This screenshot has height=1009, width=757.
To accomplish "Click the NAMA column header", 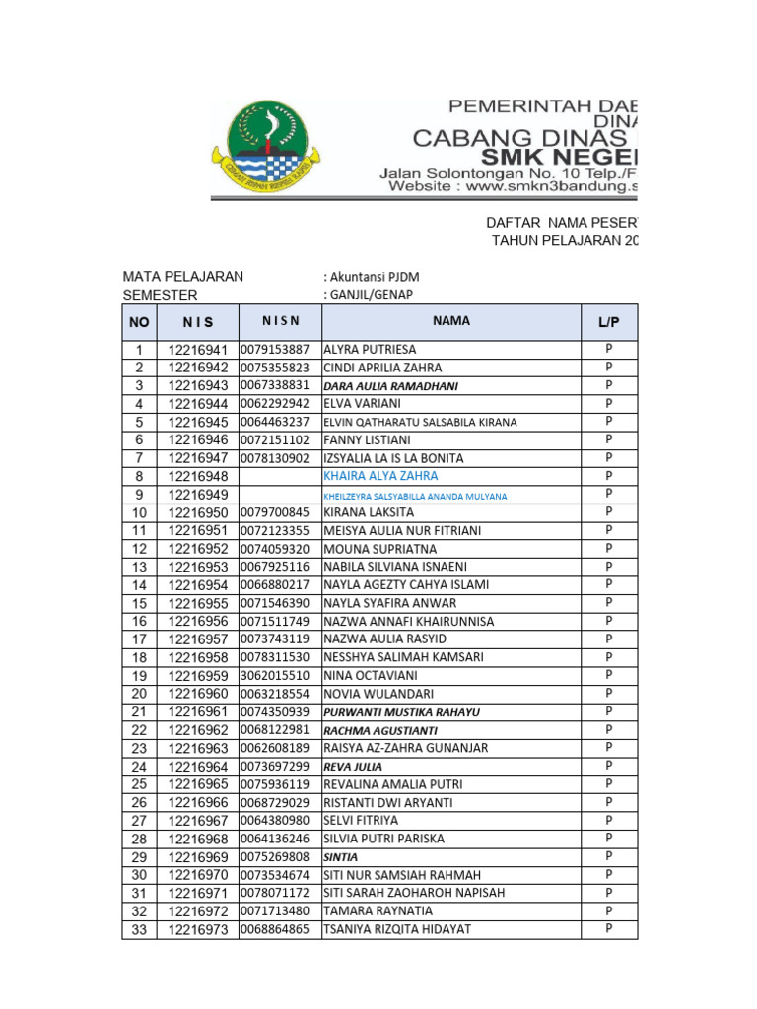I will pos(450,321).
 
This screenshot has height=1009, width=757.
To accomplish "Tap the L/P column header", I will pos(608,323).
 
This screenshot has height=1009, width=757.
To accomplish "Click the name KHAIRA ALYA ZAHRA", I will pos(380,476).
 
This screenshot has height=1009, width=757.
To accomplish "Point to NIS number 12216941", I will pos(197,350).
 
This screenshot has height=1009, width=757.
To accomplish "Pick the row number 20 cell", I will pos(139,694).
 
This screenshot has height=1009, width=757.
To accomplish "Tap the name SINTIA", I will pos(340,857).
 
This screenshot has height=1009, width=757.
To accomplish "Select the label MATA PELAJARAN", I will pos(182,277).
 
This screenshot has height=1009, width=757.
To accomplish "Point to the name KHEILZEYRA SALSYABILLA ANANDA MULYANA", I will pos(415,496).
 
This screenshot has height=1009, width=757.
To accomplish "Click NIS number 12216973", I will pos(197,930).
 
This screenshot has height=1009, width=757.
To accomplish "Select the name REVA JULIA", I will pos(353,767).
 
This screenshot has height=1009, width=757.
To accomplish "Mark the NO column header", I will pos(139,322).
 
